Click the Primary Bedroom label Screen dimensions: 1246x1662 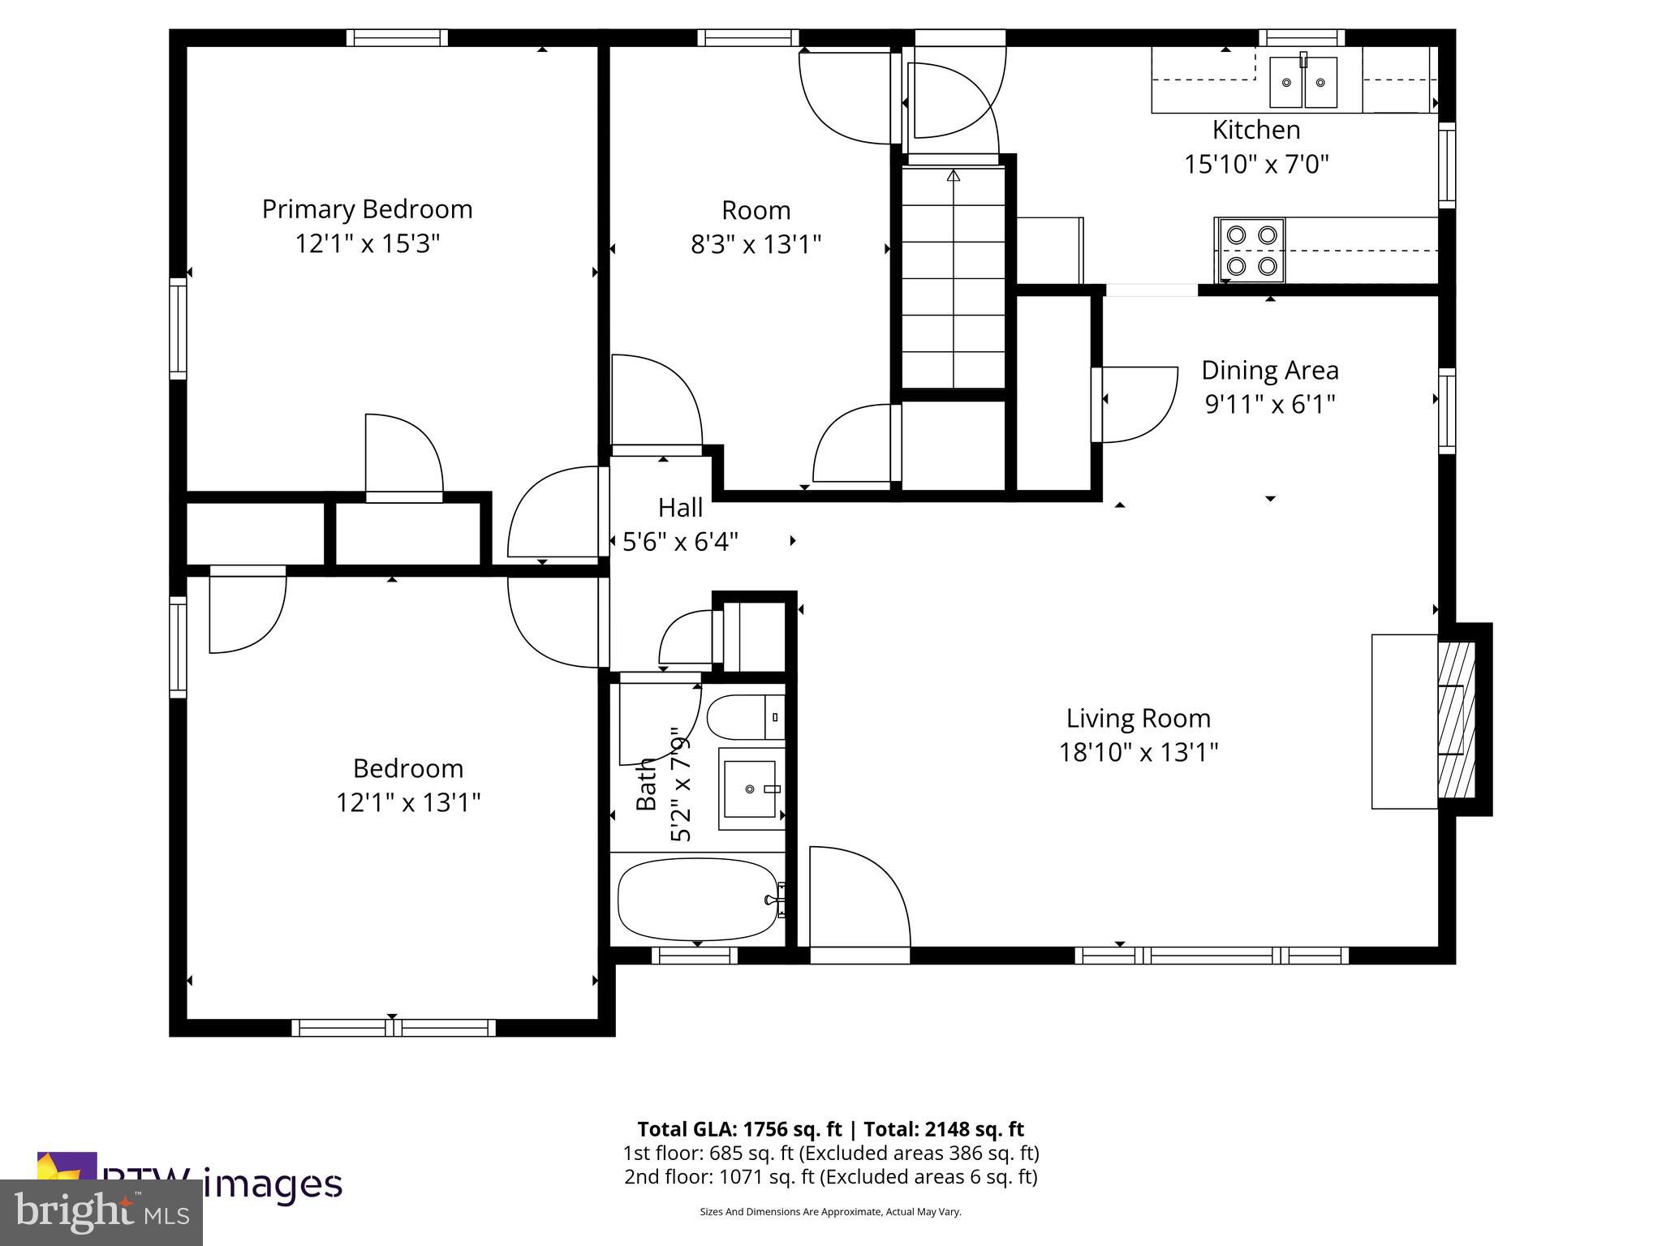367,209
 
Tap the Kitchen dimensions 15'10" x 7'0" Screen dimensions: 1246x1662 1255,165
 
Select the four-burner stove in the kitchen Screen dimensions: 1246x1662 1251,250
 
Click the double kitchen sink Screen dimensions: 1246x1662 1303,82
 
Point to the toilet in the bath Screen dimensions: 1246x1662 744,717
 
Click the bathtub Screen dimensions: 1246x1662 697,899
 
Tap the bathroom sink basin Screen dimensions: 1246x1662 751,788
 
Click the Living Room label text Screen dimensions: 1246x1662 1138,718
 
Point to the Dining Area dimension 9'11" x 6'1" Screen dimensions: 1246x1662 1269,404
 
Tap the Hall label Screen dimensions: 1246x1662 680,508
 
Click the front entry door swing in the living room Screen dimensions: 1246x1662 858,897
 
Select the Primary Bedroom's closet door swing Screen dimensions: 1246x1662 403,455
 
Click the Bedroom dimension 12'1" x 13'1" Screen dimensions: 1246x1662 408,803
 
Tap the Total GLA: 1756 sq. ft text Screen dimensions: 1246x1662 741,1129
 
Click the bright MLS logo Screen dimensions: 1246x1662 101,1213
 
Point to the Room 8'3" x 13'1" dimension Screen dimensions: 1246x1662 756,244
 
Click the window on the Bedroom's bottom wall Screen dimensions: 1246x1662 394,1028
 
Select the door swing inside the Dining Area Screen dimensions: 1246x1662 1135,404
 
